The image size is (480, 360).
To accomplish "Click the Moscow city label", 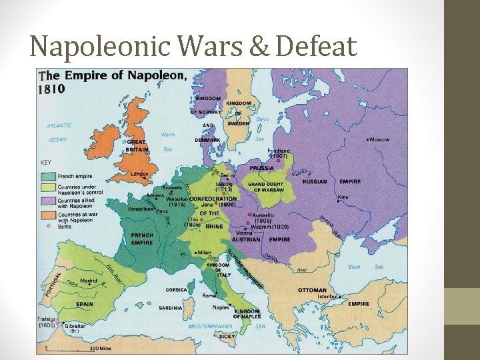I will pos(379,139).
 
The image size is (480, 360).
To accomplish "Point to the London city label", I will pos(139,174).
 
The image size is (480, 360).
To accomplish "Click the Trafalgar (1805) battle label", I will pos(47,322).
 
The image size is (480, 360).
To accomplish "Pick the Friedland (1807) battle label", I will pos(279,153).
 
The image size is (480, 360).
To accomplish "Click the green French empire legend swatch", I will pos(48,177).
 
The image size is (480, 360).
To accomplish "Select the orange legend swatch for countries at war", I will pos(48,215).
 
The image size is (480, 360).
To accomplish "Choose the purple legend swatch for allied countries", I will pos(48,201).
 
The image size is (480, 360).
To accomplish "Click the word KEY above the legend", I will pos(46,162).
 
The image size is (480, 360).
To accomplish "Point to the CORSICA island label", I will pos(176,290).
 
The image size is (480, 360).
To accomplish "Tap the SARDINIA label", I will pos(171,308).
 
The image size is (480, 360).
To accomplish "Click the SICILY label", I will pos(227,337).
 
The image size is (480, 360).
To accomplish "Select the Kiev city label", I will pos(343,197).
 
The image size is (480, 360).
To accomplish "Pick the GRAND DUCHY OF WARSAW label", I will pos(265,187).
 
